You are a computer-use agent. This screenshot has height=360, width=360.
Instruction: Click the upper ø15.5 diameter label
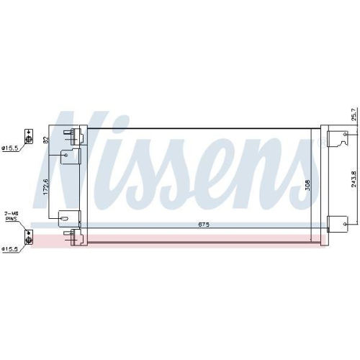pos(10,148)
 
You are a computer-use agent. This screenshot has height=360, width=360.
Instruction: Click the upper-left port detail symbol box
pos(29,136)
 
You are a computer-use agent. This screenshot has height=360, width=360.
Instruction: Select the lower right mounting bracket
pos(336,224)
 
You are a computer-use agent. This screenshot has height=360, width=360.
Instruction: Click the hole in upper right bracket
pos(346,134)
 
